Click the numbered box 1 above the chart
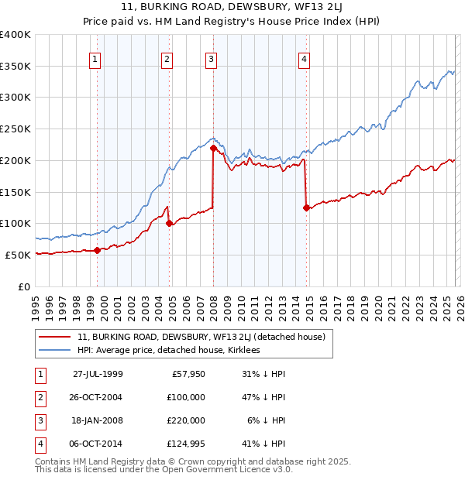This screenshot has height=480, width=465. (x=95, y=58)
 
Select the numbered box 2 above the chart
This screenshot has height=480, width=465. (x=167, y=58)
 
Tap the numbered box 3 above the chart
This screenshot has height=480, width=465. (x=211, y=58)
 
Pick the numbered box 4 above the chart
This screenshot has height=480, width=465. (x=305, y=58)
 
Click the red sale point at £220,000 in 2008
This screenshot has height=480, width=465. (x=213, y=147)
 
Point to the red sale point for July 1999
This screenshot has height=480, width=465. (x=97, y=250)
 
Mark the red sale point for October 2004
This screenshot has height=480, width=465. (x=170, y=224)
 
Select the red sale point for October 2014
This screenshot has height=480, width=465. (x=307, y=207)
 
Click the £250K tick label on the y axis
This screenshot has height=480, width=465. (x=15, y=129)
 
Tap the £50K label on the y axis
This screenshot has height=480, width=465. (x=18, y=255)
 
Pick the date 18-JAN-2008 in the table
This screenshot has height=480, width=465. (x=97, y=420)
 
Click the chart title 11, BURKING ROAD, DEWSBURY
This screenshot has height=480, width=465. (x=232, y=8)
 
